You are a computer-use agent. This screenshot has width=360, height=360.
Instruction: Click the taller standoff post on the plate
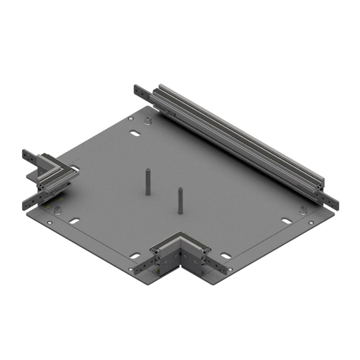[148, 182]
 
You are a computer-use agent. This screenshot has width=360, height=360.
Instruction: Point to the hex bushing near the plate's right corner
[303, 210]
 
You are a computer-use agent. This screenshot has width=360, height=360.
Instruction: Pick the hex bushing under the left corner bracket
[58, 210]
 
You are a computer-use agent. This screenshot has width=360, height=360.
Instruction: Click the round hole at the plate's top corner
[130, 118]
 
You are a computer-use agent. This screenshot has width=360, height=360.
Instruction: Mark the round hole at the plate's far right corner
[311, 222]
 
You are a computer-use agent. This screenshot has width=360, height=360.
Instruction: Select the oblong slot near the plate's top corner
[135, 133]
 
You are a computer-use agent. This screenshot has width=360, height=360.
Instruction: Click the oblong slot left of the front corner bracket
[135, 256]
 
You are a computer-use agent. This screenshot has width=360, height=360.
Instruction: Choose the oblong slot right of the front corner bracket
[226, 256]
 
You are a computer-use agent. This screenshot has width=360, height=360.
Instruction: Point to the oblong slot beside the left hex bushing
[75, 221]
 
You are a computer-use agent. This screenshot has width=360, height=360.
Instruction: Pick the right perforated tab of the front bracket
[218, 266]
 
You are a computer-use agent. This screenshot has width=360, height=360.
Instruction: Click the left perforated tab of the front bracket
[143, 267]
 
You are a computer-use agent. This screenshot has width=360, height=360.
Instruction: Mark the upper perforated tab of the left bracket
[29, 158]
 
